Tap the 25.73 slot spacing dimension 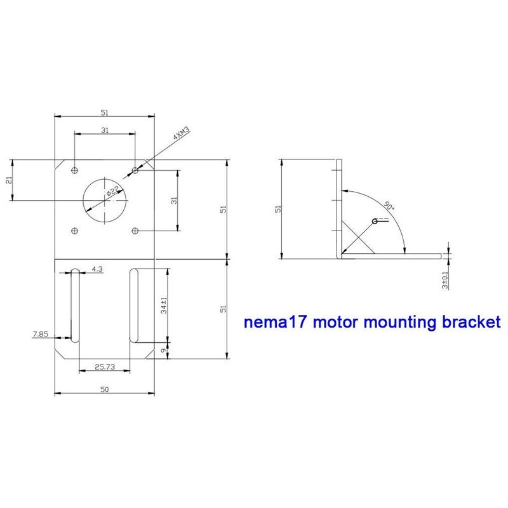104,367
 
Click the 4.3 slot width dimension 97,269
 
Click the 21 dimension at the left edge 8,180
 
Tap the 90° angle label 389,206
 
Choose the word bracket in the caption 466,322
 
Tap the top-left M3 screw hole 75,170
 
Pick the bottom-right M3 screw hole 135,231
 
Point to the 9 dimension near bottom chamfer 163,349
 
